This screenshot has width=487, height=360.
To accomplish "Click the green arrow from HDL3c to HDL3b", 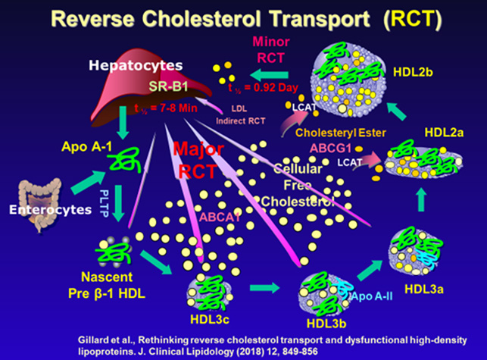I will click(x=263, y=289).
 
